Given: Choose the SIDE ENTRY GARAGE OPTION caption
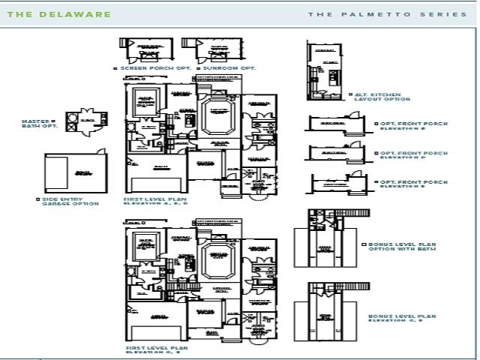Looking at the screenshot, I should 68,201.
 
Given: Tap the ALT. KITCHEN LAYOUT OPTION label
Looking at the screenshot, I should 382,97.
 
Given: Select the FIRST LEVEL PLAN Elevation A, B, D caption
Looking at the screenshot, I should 155,201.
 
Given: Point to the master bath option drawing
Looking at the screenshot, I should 85,121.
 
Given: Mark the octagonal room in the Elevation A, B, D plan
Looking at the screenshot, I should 218,117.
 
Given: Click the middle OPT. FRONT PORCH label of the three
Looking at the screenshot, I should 413,154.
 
